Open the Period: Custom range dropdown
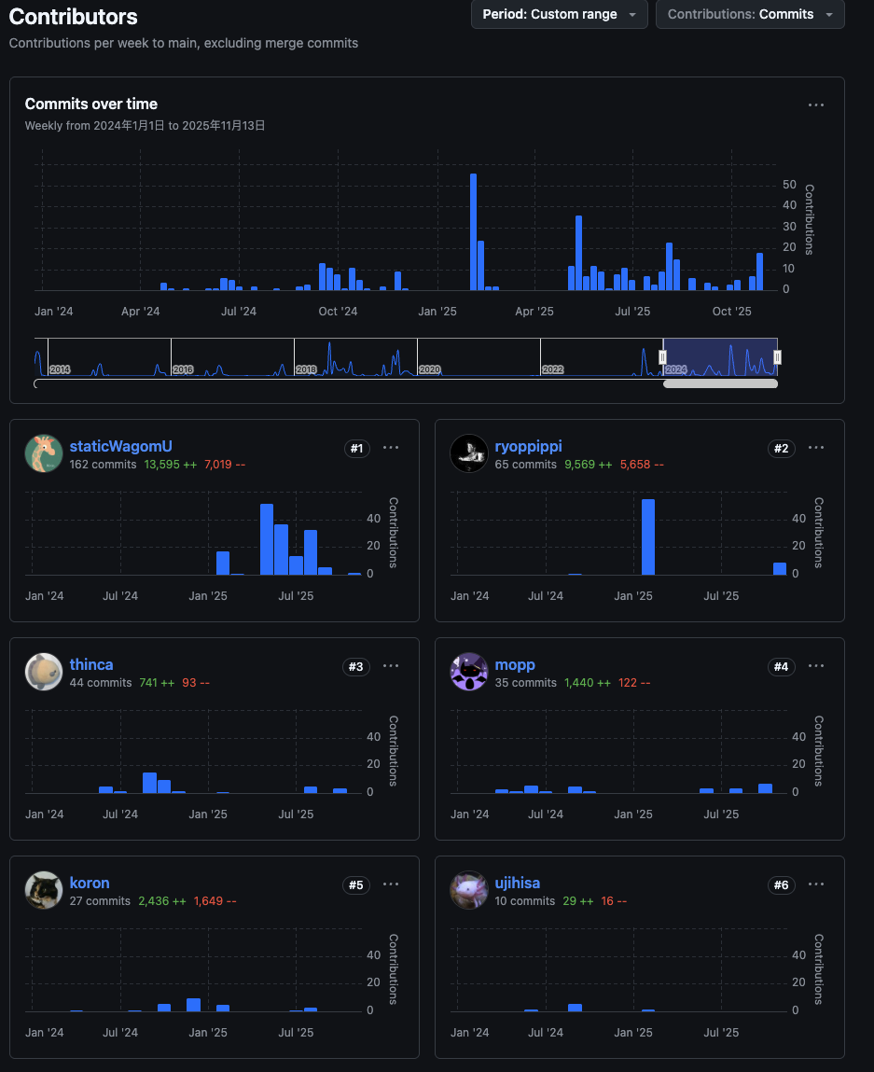[559, 15]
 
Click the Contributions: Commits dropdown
[750, 15]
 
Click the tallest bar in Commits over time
[473, 231]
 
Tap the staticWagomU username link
[120, 447]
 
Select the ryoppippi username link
[528, 447]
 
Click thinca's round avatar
[43, 672]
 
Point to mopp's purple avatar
[468, 672]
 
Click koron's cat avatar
[43, 890]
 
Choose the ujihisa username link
[517, 883]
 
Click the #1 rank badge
[355, 449]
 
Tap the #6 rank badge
[781, 884]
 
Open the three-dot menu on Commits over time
[816, 105]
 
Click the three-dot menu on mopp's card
[816, 666]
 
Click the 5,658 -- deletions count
[642, 465]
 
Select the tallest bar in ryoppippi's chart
[647, 537]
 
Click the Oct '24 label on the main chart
[338, 312]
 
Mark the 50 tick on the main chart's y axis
[789, 185]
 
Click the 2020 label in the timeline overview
[429, 370]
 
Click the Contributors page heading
[73, 17]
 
